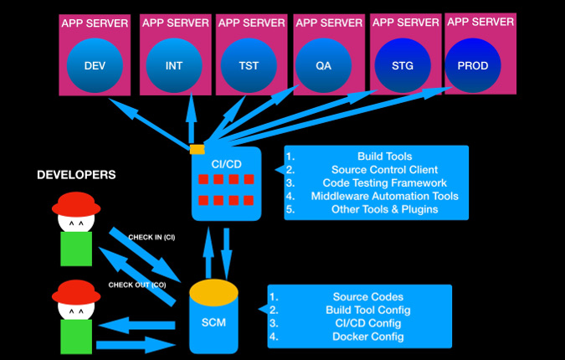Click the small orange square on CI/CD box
click(197, 149)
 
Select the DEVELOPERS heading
click(76, 175)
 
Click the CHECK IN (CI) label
click(151, 237)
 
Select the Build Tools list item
click(385, 156)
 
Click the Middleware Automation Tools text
click(384, 196)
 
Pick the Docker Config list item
click(368, 337)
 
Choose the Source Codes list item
click(368, 296)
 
